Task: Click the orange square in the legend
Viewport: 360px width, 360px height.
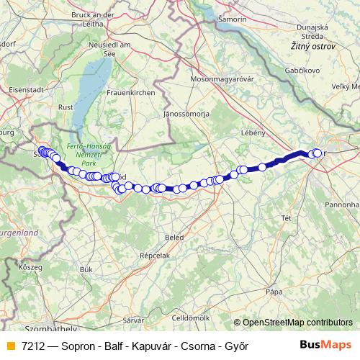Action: tap(11, 346)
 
